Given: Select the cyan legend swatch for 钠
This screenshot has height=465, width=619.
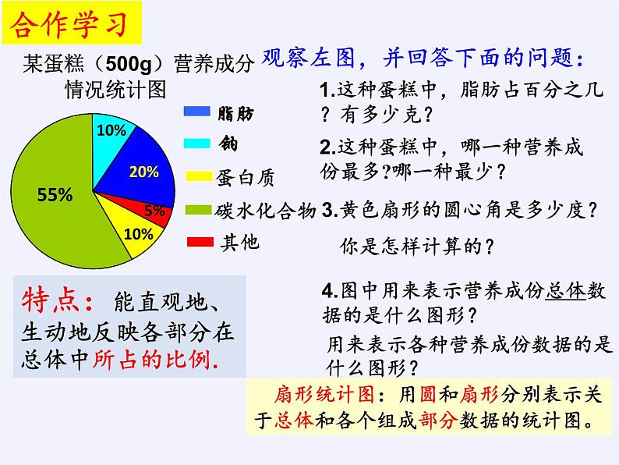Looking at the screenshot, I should point(200,143).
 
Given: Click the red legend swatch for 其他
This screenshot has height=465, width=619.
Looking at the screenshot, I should point(200,243).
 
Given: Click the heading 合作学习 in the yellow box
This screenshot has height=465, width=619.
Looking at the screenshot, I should point(70,26).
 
